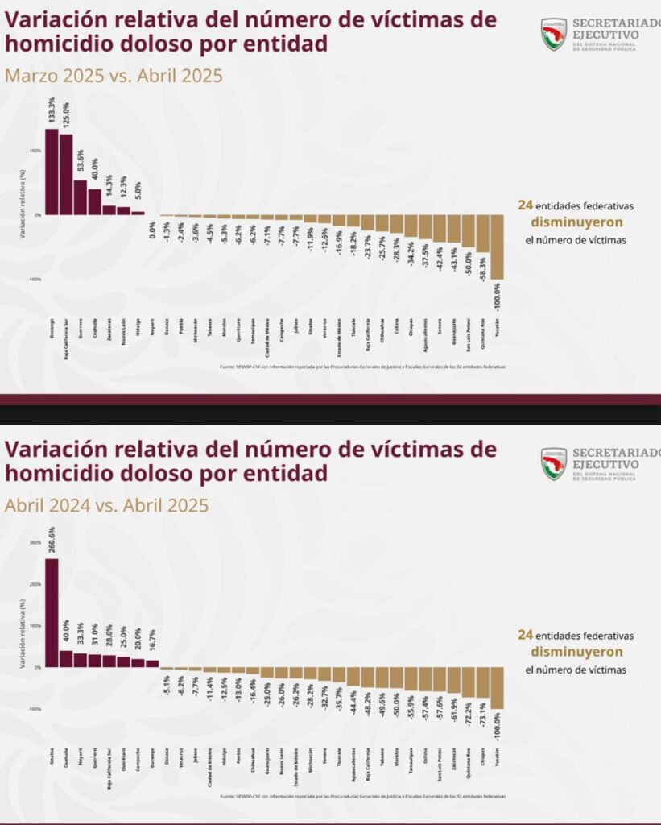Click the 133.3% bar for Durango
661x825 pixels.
click(x=51, y=172)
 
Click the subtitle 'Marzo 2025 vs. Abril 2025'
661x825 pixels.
click(x=114, y=76)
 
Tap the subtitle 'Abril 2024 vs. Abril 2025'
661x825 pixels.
click(x=106, y=505)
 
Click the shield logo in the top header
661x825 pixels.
click(x=554, y=35)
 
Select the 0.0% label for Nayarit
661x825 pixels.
click(x=152, y=234)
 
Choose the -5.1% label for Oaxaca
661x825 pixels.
click(x=167, y=686)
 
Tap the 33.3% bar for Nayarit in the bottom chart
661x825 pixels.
click(x=80, y=660)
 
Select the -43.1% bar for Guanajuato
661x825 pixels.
click(x=453, y=229)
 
